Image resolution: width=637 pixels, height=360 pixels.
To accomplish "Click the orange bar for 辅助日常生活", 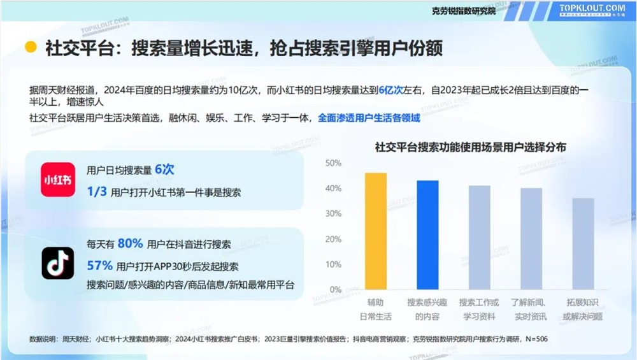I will tap(376, 231).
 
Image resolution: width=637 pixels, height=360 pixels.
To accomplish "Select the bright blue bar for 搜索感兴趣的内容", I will tap(427, 235).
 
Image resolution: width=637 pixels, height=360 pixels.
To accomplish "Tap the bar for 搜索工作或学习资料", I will tap(480, 238).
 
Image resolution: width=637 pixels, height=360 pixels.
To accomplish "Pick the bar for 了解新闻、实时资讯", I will tap(531, 239).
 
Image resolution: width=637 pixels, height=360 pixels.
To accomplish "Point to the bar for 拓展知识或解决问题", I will tap(583, 244).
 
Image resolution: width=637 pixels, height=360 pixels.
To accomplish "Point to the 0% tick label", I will tap(335, 290).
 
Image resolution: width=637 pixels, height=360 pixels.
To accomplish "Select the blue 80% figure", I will tap(130, 244).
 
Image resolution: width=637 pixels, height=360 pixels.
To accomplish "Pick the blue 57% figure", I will tap(99, 265).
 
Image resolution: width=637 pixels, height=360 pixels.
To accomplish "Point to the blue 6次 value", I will tap(164, 170).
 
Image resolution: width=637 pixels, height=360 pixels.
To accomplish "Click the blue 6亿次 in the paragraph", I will tap(392, 90).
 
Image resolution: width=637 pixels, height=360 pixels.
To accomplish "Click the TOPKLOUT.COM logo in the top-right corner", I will tap(592, 10).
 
